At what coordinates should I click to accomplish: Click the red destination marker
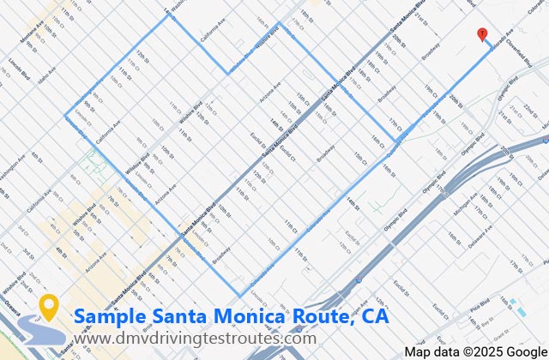(x=482, y=34)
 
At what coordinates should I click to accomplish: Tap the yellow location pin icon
(x=49, y=306)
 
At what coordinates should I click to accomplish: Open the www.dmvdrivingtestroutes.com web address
(x=195, y=339)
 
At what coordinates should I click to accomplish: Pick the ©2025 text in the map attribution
(x=475, y=351)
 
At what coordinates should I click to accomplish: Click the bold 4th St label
(x=60, y=249)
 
